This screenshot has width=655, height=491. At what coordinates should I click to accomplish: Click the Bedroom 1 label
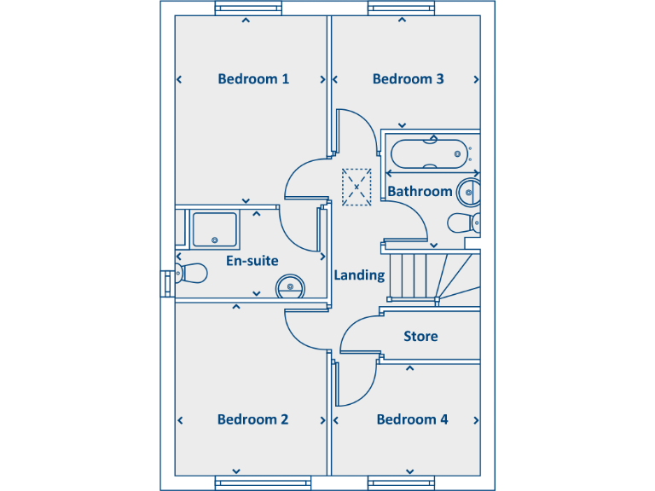(x=253, y=79)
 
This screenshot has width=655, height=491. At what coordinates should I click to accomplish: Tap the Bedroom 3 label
(x=408, y=79)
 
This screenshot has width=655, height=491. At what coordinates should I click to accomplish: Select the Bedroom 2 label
(x=252, y=419)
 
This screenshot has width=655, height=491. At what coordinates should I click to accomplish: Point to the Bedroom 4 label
(x=412, y=419)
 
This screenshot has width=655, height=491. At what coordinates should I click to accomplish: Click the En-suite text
(x=252, y=261)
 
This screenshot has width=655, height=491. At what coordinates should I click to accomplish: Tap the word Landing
(x=358, y=275)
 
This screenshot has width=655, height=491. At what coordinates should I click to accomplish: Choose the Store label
(x=420, y=337)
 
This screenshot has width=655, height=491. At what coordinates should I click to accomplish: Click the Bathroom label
(x=420, y=192)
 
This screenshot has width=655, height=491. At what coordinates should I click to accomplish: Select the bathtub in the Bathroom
(x=429, y=153)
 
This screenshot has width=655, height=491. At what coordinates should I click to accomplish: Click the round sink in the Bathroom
(x=468, y=193)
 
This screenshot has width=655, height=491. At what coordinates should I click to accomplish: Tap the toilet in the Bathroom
(x=463, y=224)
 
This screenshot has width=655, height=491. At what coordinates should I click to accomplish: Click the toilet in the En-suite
(x=192, y=274)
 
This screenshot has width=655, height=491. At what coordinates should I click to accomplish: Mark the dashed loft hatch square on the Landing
(x=356, y=187)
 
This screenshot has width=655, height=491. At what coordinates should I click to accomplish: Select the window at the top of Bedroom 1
(x=248, y=9)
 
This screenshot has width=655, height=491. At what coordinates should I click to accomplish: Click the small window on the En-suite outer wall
(x=165, y=283)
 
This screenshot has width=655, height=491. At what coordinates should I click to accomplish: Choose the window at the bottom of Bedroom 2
(x=248, y=483)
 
